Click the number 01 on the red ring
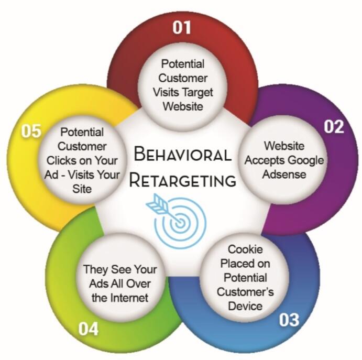click(182, 27)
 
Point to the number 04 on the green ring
click(89, 329)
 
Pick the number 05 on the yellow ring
click(31, 131)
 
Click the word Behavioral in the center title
click(182, 155)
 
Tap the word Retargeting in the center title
click(182, 181)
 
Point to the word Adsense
click(285, 174)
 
